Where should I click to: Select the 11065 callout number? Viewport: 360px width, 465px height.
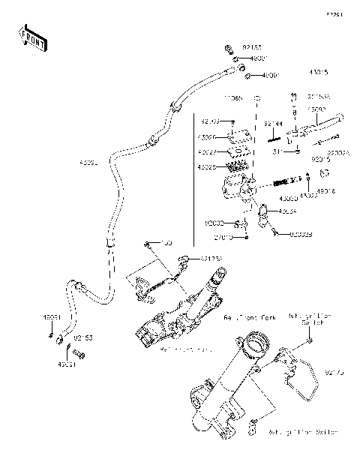click(x=234, y=98)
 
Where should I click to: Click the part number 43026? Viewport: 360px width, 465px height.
click(x=208, y=137)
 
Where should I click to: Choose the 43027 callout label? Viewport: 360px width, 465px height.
click(x=208, y=152)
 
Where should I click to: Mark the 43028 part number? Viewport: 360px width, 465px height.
click(x=208, y=167)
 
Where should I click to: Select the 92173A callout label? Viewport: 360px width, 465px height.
click(x=211, y=259)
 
